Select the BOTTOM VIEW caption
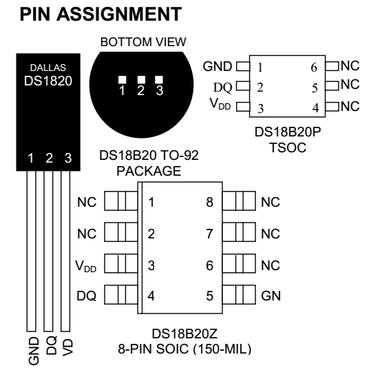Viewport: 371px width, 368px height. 143,43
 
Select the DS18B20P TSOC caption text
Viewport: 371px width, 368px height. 288,137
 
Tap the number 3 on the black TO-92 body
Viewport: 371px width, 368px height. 67,159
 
